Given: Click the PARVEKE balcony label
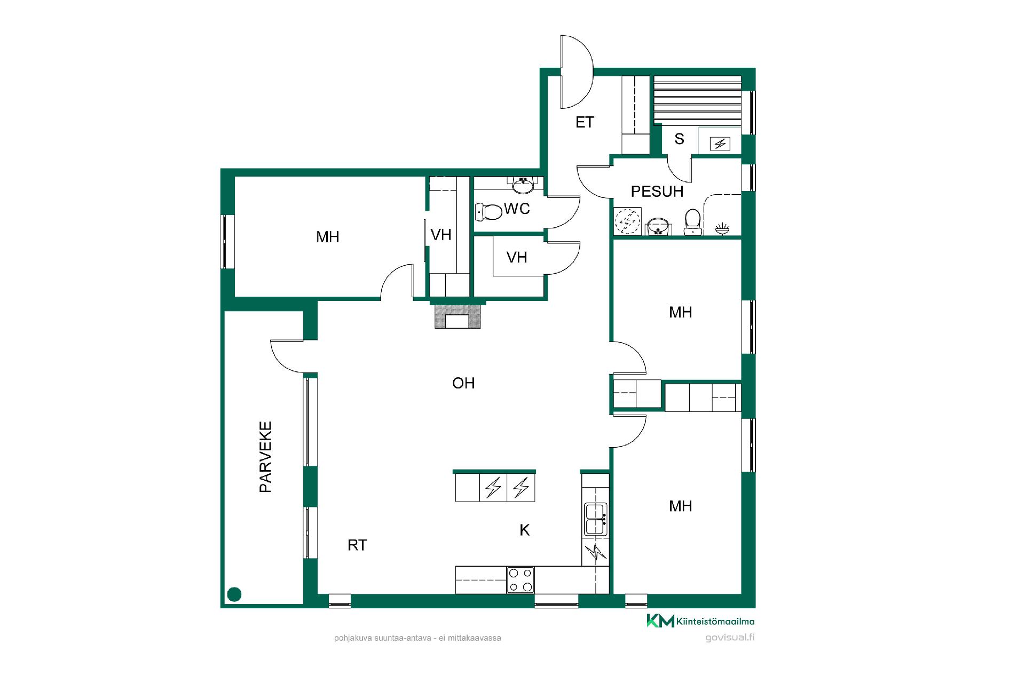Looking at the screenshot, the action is pyautogui.click(x=265, y=457).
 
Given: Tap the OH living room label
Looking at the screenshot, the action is pyautogui.click(x=463, y=383).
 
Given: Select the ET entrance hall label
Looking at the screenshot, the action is pyautogui.click(x=585, y=122).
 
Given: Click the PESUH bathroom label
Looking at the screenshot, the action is pyautogui.click(x=657, y=192).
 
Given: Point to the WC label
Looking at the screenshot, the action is pyautogui.click(x=517, y=209).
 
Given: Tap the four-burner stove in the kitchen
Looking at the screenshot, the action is pyautogui.click(x=521, y=579).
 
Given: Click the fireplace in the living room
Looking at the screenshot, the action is pyautogui.click(x=458, y=316).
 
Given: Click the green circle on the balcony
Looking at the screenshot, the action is pyautogui.click(x=234, y=594).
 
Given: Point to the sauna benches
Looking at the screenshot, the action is pyautogui.click(x=698, y=99).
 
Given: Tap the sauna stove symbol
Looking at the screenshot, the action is pyautogui.click(x=721, y=143).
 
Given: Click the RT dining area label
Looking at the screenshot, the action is pyautogui.click(x=357, y=545).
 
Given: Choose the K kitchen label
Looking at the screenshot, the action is pyautogui.click(x=525, y=530).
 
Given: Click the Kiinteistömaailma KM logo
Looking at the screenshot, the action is pyautogui.click(x=700, y=621).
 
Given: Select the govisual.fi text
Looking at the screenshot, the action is pyautogui.click(x=730, y=637).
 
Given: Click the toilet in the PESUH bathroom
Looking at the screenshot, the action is pyautogui.click(x=693, y=221).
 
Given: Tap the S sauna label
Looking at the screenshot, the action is pyautogui.click(x=679, y=139).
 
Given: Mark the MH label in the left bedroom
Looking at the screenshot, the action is pyautogui.click(x=327, y=237).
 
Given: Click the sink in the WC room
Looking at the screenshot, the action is pyautogui.click(x=523, y=185).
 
